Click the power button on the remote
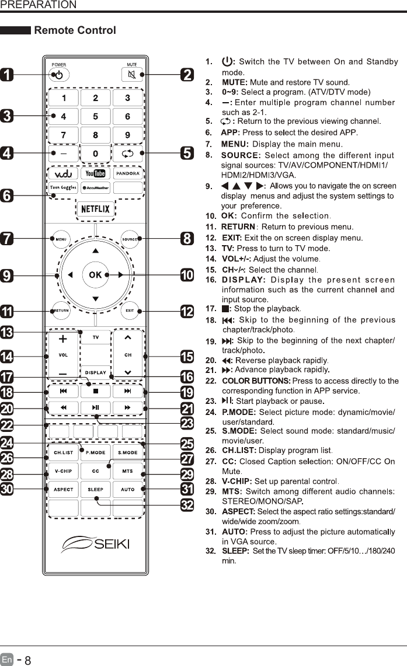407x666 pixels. click(59, 75)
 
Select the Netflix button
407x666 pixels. click(95, 209)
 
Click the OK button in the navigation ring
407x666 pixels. click(95, 274)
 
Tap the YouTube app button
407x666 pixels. click(95, 173)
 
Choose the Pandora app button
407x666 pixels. click(128, 173)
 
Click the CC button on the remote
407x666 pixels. click(95, 470)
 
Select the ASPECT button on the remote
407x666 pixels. click(64, 489)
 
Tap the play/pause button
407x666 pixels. click(95, 407)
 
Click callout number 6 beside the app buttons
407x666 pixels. click(7, 196)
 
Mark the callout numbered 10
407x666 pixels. click(187, 275)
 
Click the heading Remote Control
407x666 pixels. click(75, 30)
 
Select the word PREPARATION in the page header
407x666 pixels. click(39, 5)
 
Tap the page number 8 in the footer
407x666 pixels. click(27, 660)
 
